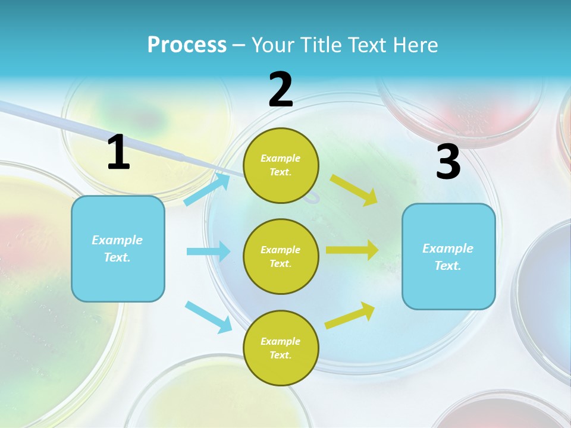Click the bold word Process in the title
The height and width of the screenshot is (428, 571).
click(x=187, y=45)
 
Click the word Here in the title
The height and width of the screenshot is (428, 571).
click(x=416, y=45)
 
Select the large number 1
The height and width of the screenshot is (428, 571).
click(x=118, y=153)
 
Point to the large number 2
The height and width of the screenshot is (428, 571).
click(x=281, y=90)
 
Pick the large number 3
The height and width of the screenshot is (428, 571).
click(x=448, y=162)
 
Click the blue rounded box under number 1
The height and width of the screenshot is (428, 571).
click(x=118, y=248)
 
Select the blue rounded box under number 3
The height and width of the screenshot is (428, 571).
click(x=448, y=256)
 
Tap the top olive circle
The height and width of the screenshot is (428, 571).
click(x=281, y=165)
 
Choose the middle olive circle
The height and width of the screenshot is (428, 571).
click(x=281, y=256)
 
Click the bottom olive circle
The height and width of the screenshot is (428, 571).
click(x=281, y=348)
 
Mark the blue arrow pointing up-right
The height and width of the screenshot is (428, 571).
click(x=208, y=189)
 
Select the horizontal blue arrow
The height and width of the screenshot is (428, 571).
click(x=208, y=251)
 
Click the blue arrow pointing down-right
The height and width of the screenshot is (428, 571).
click(x=208, y=316)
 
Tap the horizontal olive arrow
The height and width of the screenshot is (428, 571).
click(x=352, y=250)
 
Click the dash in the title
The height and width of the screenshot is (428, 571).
click(x=239, y=45)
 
